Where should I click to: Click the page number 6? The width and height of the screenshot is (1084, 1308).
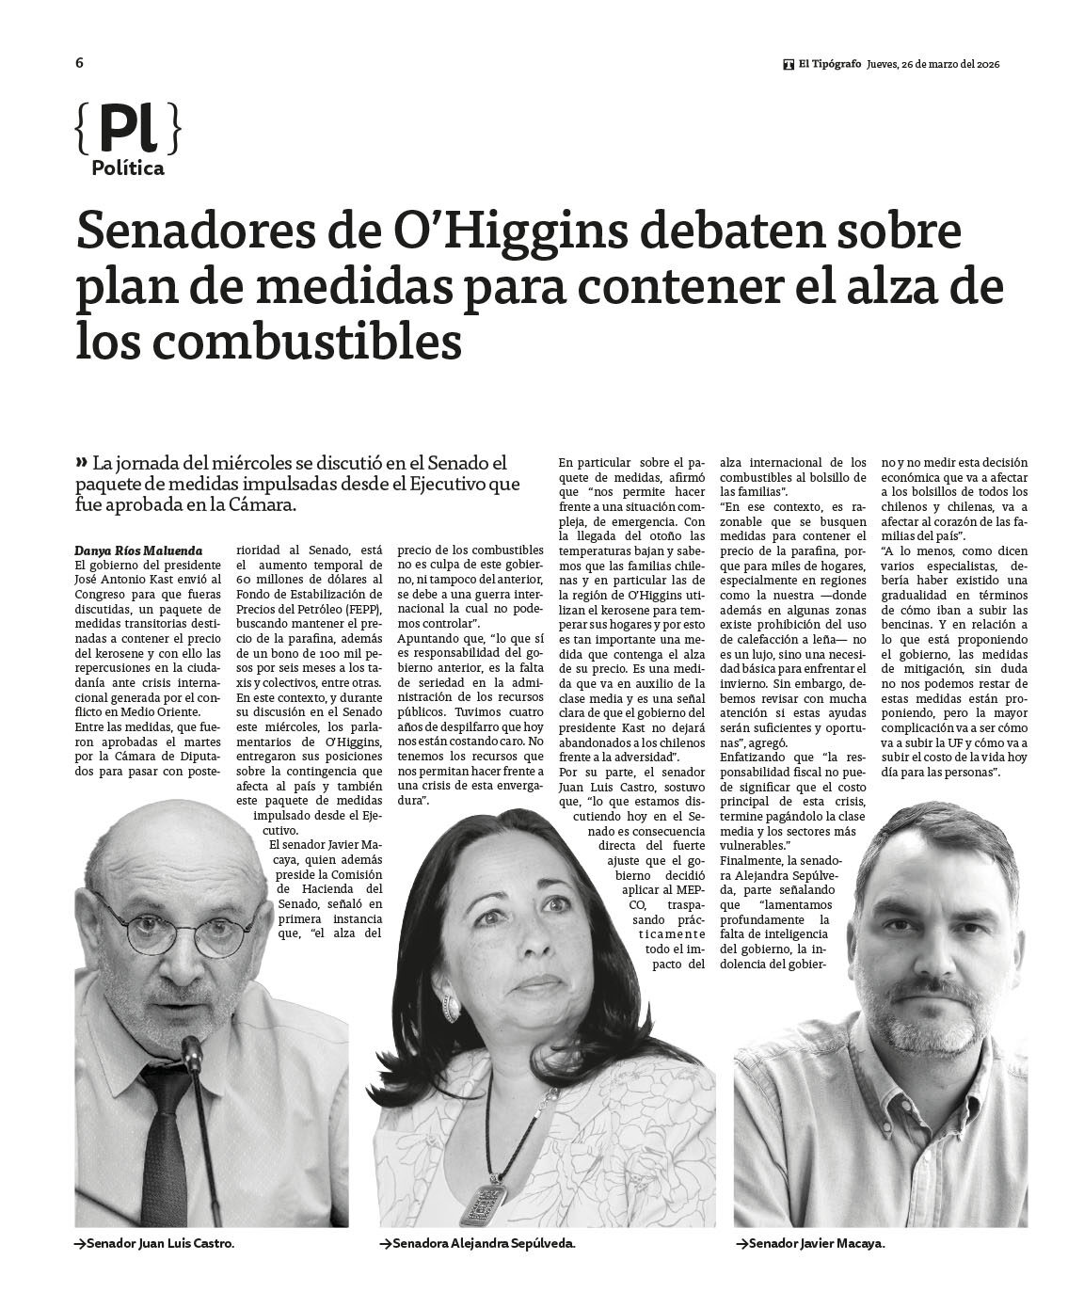click(80, 63)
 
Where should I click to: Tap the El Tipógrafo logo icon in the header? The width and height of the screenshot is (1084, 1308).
click(788, 65)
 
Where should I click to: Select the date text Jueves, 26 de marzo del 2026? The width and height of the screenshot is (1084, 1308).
click(933, 65)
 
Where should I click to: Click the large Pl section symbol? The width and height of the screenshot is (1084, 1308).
click(127, 129)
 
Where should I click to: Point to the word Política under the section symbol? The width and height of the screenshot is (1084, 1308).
click(128, 169)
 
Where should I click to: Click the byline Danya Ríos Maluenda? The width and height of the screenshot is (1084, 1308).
click(137, 550)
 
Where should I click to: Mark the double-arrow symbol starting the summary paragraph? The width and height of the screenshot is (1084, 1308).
click(82, 462)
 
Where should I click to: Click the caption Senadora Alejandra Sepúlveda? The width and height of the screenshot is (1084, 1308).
click(481, 1244)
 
